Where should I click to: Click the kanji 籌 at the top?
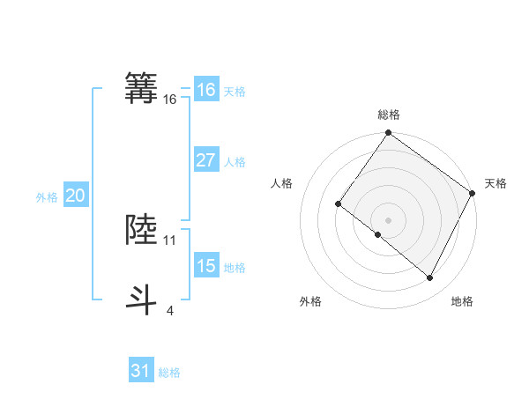coord(142,88)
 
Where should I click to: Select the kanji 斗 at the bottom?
coord(142,298)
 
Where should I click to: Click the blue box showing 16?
coord(206,90)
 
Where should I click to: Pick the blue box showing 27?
coord(206,160)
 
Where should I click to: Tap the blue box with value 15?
coord(206,266)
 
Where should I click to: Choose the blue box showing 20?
coord(75,196)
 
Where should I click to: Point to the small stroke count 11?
coord(170,240)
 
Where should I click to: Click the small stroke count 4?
coord(170,310)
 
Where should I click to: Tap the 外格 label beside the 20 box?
coord(47,197)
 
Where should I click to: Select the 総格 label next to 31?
coord(169,373)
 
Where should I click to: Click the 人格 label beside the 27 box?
coord(235,162)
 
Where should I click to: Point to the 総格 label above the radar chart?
coord(388,115)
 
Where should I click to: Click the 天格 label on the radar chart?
coord(495,183)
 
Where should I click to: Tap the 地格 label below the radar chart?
coord(462,301)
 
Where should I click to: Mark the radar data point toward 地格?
coord(430,278)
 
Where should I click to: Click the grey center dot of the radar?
coord(388,220)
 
